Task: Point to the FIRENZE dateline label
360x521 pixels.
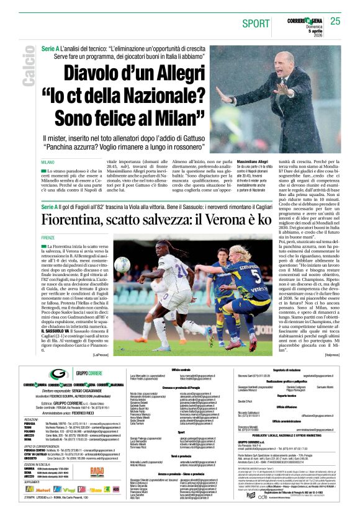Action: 47,238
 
